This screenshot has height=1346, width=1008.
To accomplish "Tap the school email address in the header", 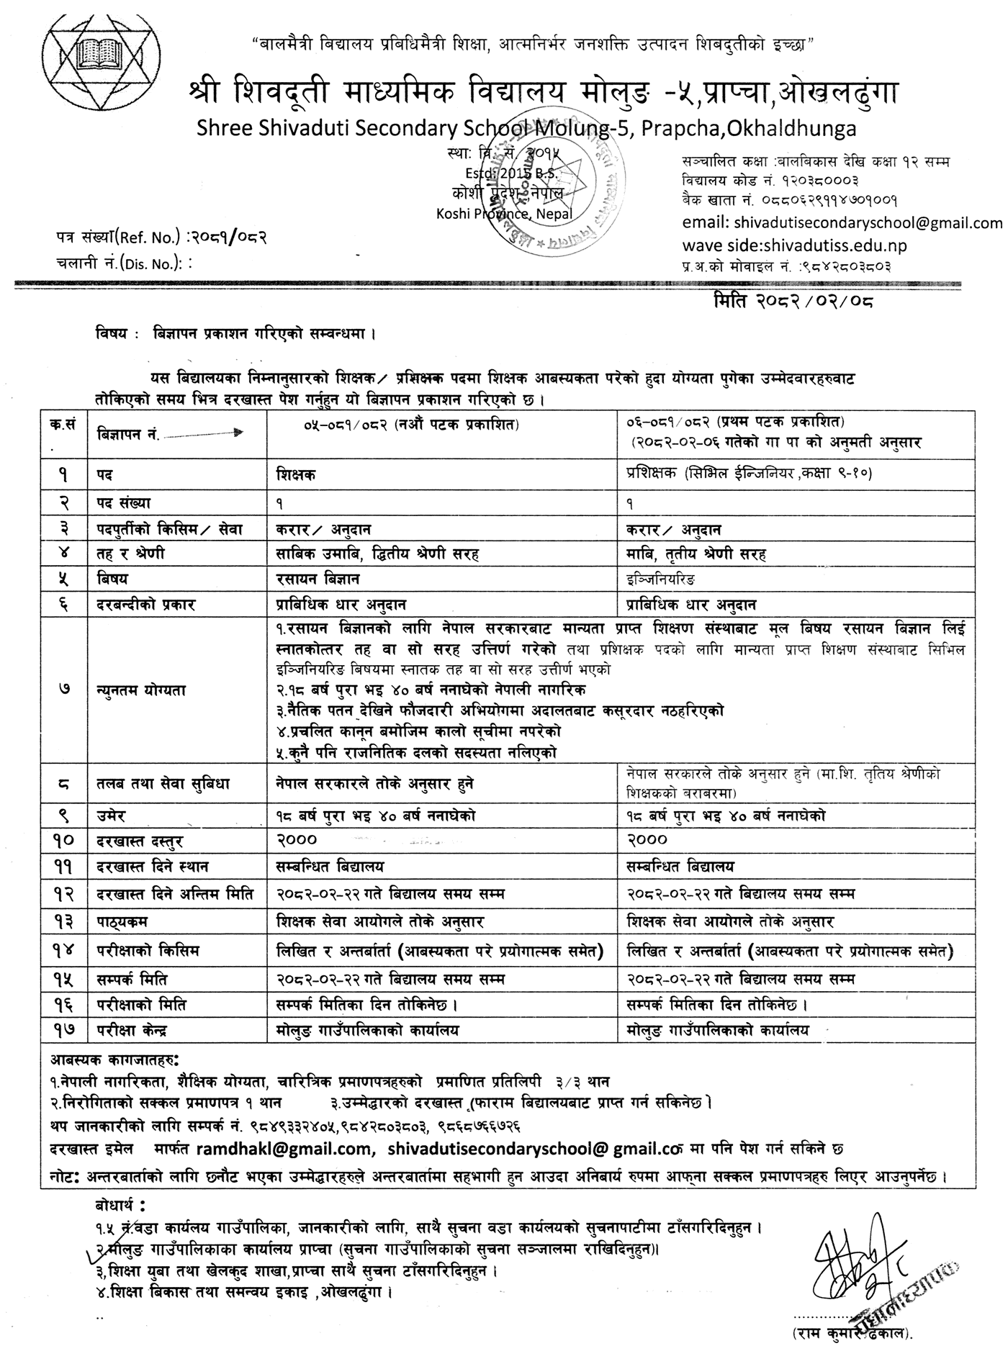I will [x=842, y=223].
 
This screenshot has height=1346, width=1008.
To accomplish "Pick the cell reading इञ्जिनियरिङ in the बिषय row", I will [x=662, y=579].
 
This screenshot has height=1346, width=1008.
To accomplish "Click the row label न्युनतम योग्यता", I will [x=141, y=689].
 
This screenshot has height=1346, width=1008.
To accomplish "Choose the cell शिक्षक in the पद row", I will [x=295, y=475].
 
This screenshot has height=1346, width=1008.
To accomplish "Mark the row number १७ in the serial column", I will [x=65, y=1031].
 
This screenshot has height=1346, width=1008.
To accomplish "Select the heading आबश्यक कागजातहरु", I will [x=114, y=1060].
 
